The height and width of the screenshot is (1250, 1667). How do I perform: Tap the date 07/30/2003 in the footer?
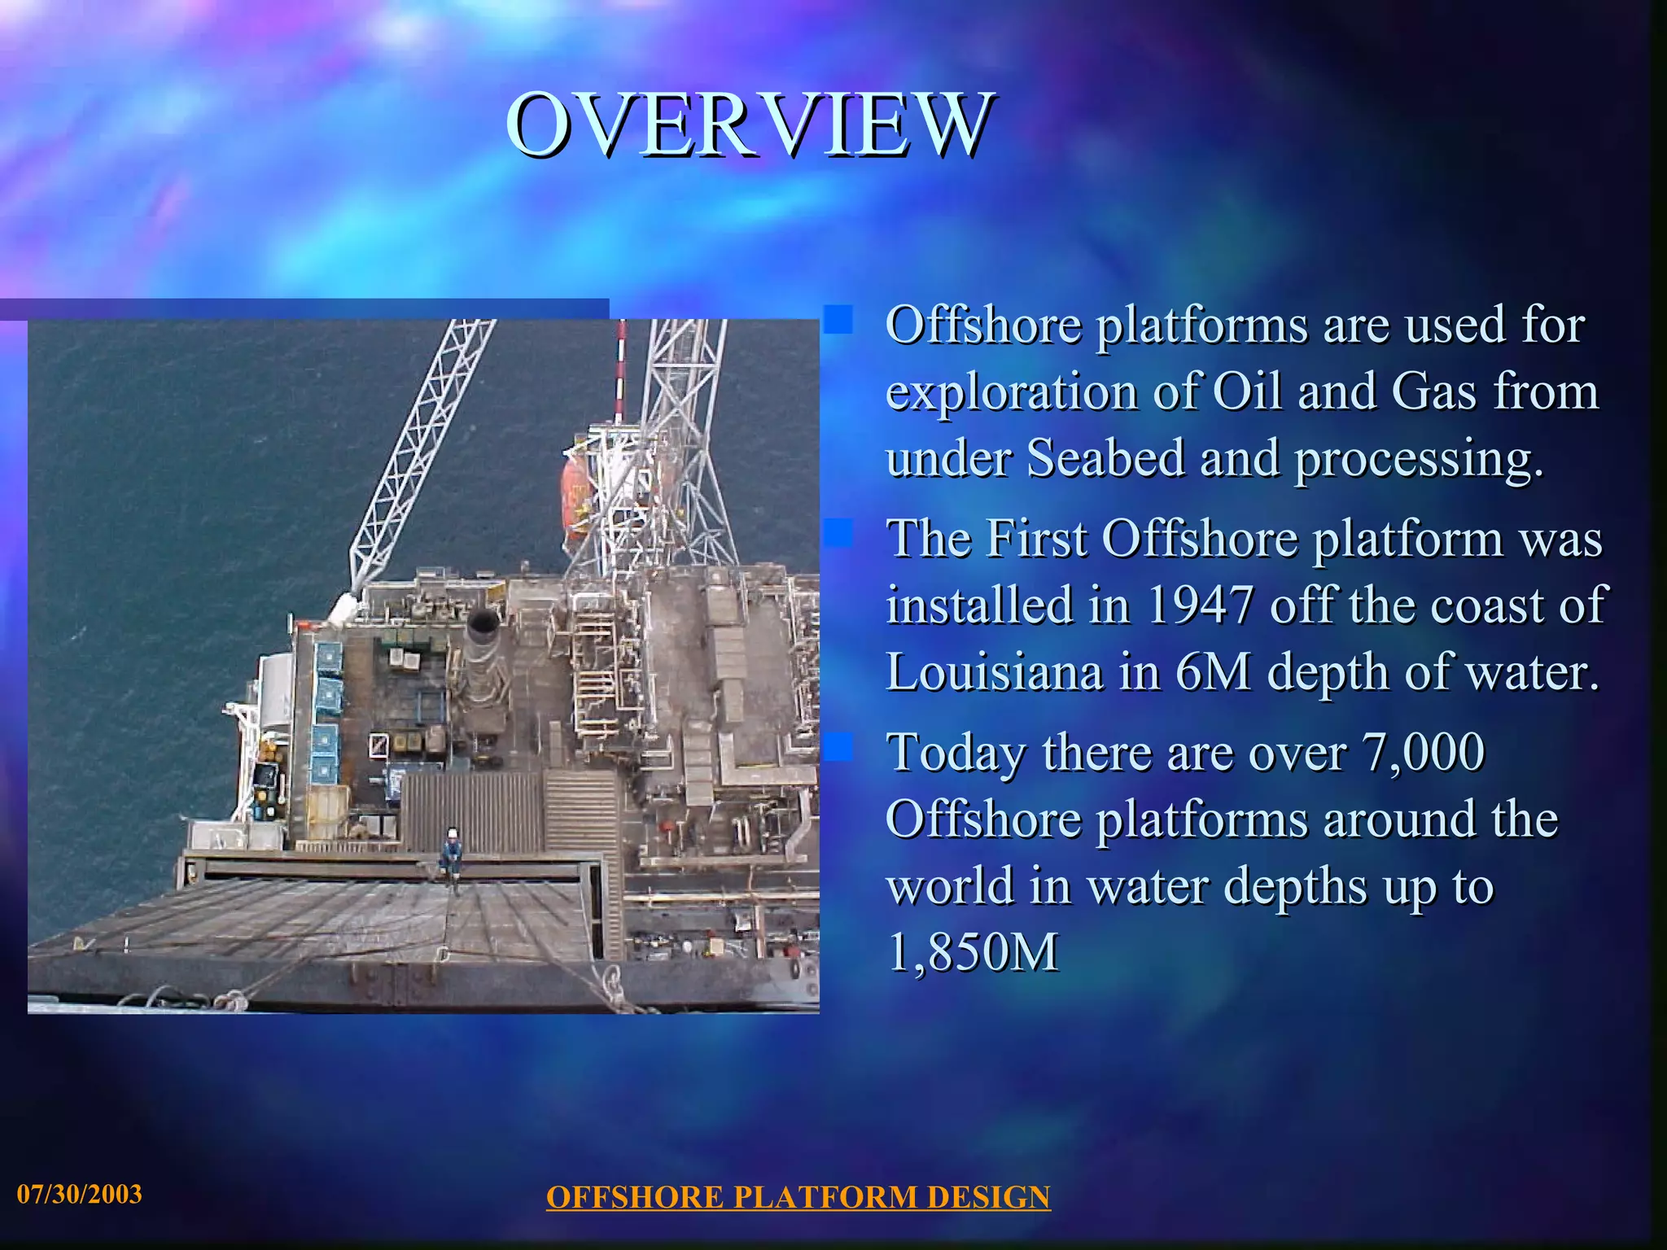[80, 1194]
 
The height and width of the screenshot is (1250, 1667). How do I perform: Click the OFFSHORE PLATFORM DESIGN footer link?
[798, 1197]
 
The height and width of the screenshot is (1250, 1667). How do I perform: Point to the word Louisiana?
[994, 672]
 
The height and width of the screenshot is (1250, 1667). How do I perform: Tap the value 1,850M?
[973, 952]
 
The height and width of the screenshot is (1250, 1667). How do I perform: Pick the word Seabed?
[1105, 457]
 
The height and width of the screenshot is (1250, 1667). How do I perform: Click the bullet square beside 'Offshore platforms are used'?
[838, 320]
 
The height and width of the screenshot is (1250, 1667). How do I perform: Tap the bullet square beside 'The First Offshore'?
[838, 534]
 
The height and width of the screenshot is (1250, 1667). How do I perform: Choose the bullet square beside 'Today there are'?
[838, 747]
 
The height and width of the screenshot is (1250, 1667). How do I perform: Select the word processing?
[1418, 459]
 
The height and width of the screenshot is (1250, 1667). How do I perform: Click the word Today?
[956, 753]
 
